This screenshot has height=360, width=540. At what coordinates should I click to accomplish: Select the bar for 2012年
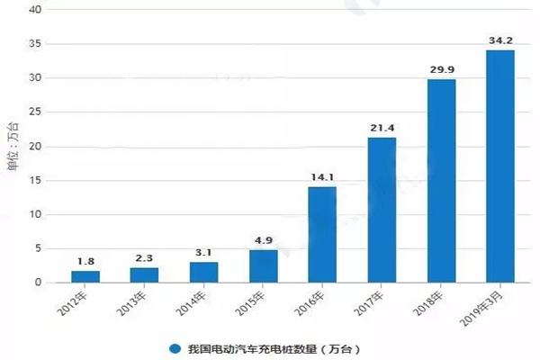click(86, 276)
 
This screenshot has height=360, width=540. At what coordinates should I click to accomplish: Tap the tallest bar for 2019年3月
click(499, 166)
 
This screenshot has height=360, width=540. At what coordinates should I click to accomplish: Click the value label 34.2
click(500, 40)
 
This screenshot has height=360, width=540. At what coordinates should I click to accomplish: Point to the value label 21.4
click(382, 128)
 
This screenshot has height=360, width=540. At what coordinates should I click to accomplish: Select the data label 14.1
click(323, 177)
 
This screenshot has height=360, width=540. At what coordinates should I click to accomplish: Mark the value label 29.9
click(441, 70)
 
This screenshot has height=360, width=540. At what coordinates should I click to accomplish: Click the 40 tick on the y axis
click(34, 10)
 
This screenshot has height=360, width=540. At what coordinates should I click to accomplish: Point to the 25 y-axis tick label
click(34, 112)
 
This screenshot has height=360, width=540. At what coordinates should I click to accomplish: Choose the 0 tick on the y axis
click(38, 283)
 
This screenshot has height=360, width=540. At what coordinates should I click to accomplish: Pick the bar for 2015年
click(264, 265)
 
